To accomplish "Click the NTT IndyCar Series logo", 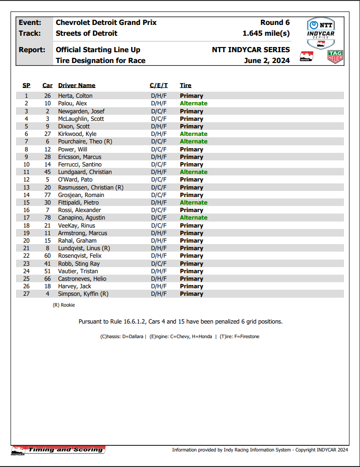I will (x=320, y=30).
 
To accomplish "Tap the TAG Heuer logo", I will (x=335, y=56).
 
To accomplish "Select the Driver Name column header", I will (x=77, y=86).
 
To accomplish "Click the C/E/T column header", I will (x=159, y=86).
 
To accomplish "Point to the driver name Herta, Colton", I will (x=75, y=96).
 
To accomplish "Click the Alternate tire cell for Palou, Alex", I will (x=193, y=103).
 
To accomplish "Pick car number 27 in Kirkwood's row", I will (x=48, y=134).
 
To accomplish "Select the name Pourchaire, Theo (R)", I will (x=85, y=142).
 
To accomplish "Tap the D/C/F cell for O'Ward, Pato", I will (x=159, y=180).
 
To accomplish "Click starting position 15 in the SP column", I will (x=26, y=203).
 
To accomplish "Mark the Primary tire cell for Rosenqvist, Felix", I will (x=192, y=256).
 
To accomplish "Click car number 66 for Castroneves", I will (x=48, y=279).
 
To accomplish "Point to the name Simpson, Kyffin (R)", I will (x=83, y=294).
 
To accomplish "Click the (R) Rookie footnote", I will (x=64, y=305).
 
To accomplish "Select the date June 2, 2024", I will (x=267, y=60).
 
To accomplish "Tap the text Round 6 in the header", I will (x=275, y=23).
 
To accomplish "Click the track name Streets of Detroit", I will (x=87, y=33).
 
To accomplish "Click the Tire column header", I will (x=185, y=86).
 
